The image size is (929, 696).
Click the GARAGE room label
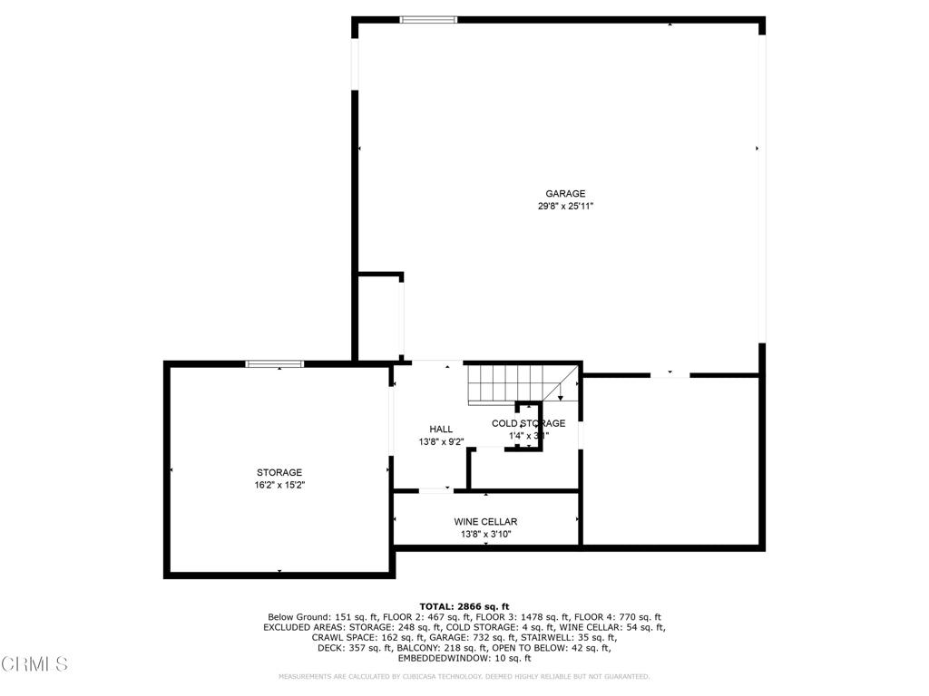[x=564, y=193]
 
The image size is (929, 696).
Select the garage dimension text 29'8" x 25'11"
[x=564, y=207]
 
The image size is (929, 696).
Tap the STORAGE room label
[x=279, y=472]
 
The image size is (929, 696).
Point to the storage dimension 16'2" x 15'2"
[x=279, y=486]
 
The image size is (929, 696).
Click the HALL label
[x=441, y=429]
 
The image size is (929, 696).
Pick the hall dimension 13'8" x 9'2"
[x=441, y=442]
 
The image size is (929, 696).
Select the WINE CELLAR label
[x=485, y=522]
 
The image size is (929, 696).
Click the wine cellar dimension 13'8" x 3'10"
[x=485, y=535]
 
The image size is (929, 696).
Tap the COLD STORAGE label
[x=528, y=423]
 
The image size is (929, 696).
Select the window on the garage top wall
[x=429, y=19]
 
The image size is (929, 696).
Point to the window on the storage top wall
[x=276, y=363]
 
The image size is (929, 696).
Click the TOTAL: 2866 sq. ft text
[x=464, y=606]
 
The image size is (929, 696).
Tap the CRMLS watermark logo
[x=34, y=664]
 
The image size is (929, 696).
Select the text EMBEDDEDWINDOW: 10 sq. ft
[x=464, y=658]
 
